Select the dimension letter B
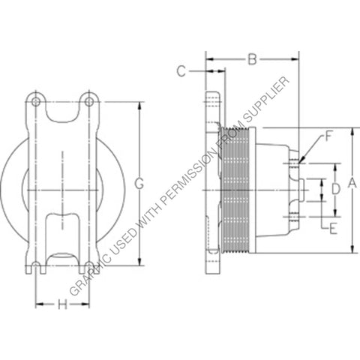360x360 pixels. point(253,58)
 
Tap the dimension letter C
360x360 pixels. point(181,71)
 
